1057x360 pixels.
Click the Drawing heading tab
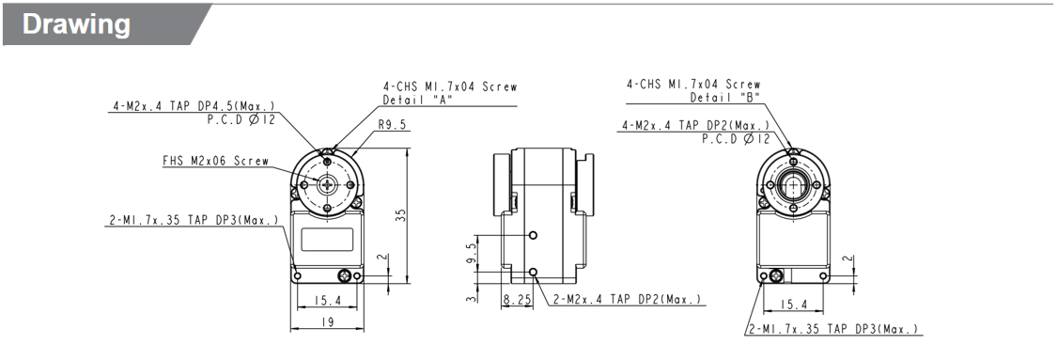[x=77, y=24]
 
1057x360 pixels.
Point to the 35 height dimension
[x=401, y=214]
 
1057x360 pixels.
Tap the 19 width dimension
[x=328, y=321]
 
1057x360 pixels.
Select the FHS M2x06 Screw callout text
[x=215, y=161]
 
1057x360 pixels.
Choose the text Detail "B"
[x=725, y=97]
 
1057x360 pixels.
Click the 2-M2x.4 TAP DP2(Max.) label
[x=627, y=300]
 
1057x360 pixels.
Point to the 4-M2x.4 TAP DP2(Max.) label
[x=694, y=125]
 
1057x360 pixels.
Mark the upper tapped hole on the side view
[x=534, y=234]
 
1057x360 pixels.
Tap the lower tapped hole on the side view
[x=534, y=273]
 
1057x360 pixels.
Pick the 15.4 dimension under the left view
[x=328, y=300]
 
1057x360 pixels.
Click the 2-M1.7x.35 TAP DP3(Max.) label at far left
[x=194, y=221]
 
